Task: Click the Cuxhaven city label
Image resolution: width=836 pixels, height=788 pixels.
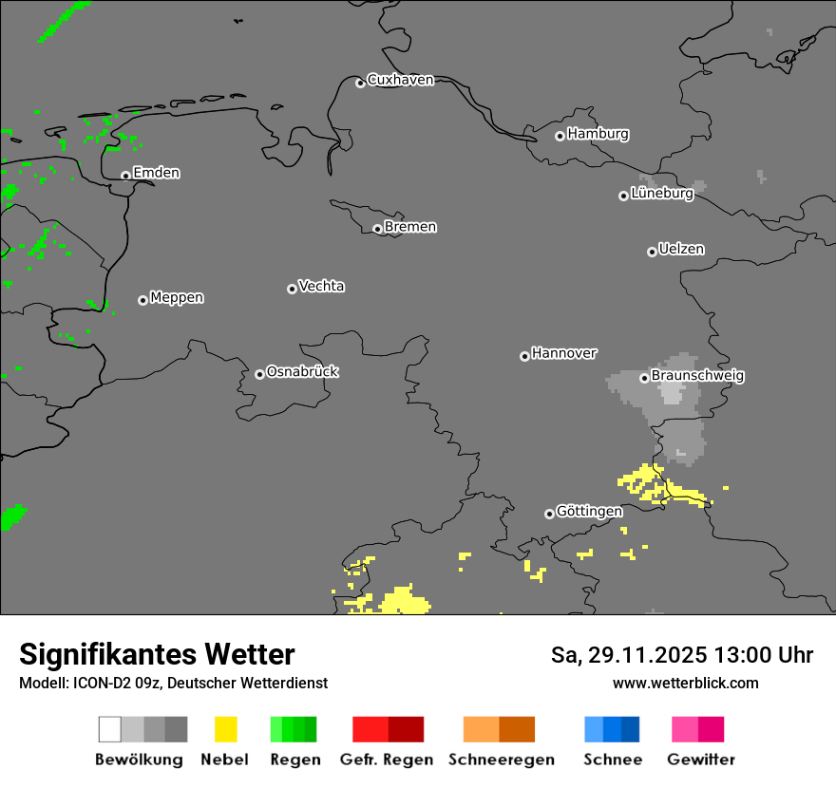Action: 400,80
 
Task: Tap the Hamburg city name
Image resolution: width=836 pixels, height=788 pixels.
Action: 598,134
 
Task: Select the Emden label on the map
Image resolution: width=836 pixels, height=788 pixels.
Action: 156,173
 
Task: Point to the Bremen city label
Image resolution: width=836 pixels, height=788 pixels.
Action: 410,227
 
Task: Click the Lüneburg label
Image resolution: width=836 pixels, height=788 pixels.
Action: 661,194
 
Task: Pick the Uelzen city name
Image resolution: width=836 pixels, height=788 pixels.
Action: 681,249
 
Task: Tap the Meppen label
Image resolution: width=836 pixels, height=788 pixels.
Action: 177,297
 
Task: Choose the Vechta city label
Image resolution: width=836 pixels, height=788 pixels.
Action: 321,286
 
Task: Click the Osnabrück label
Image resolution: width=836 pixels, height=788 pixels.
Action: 302,371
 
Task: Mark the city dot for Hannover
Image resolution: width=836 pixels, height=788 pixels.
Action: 524,356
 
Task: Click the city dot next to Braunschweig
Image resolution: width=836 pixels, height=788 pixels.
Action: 644,378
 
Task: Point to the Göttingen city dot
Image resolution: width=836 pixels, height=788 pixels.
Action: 549,514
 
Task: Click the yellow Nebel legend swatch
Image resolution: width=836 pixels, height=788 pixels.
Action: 225,729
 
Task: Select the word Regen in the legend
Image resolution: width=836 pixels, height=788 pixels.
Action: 295,760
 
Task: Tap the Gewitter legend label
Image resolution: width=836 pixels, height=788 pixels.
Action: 701,760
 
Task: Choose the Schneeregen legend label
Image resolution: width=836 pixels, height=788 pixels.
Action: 502,760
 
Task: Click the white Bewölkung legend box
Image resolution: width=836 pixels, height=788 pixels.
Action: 109,729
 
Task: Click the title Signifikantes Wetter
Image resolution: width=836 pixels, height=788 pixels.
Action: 157,654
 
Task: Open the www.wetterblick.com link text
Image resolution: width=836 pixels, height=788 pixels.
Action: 685,683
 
